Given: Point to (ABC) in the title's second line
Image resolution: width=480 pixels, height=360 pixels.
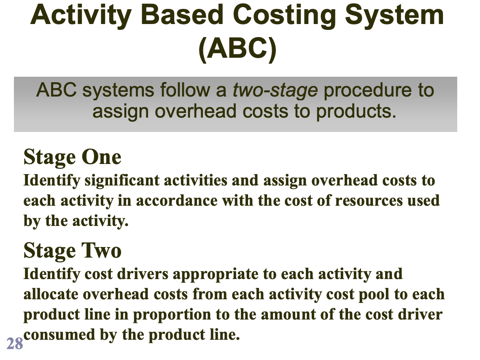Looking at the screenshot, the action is (x=237, y=49).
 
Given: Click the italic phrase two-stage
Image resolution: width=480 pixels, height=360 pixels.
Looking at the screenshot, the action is (x=275, y=91).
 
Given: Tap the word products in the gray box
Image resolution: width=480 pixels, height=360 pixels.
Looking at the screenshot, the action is (x=356, y=112).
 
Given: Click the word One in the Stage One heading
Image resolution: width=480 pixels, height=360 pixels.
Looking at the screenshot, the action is (x=101, y=158).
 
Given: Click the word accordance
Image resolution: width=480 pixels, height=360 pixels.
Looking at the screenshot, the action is (x=177, y=201).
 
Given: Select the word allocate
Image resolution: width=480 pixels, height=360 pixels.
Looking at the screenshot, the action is (x=51, y=294).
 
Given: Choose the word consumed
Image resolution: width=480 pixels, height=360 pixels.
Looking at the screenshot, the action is (x=59, y=335).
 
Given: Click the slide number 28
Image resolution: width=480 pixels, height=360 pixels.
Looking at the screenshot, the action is (x=15, y=344).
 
